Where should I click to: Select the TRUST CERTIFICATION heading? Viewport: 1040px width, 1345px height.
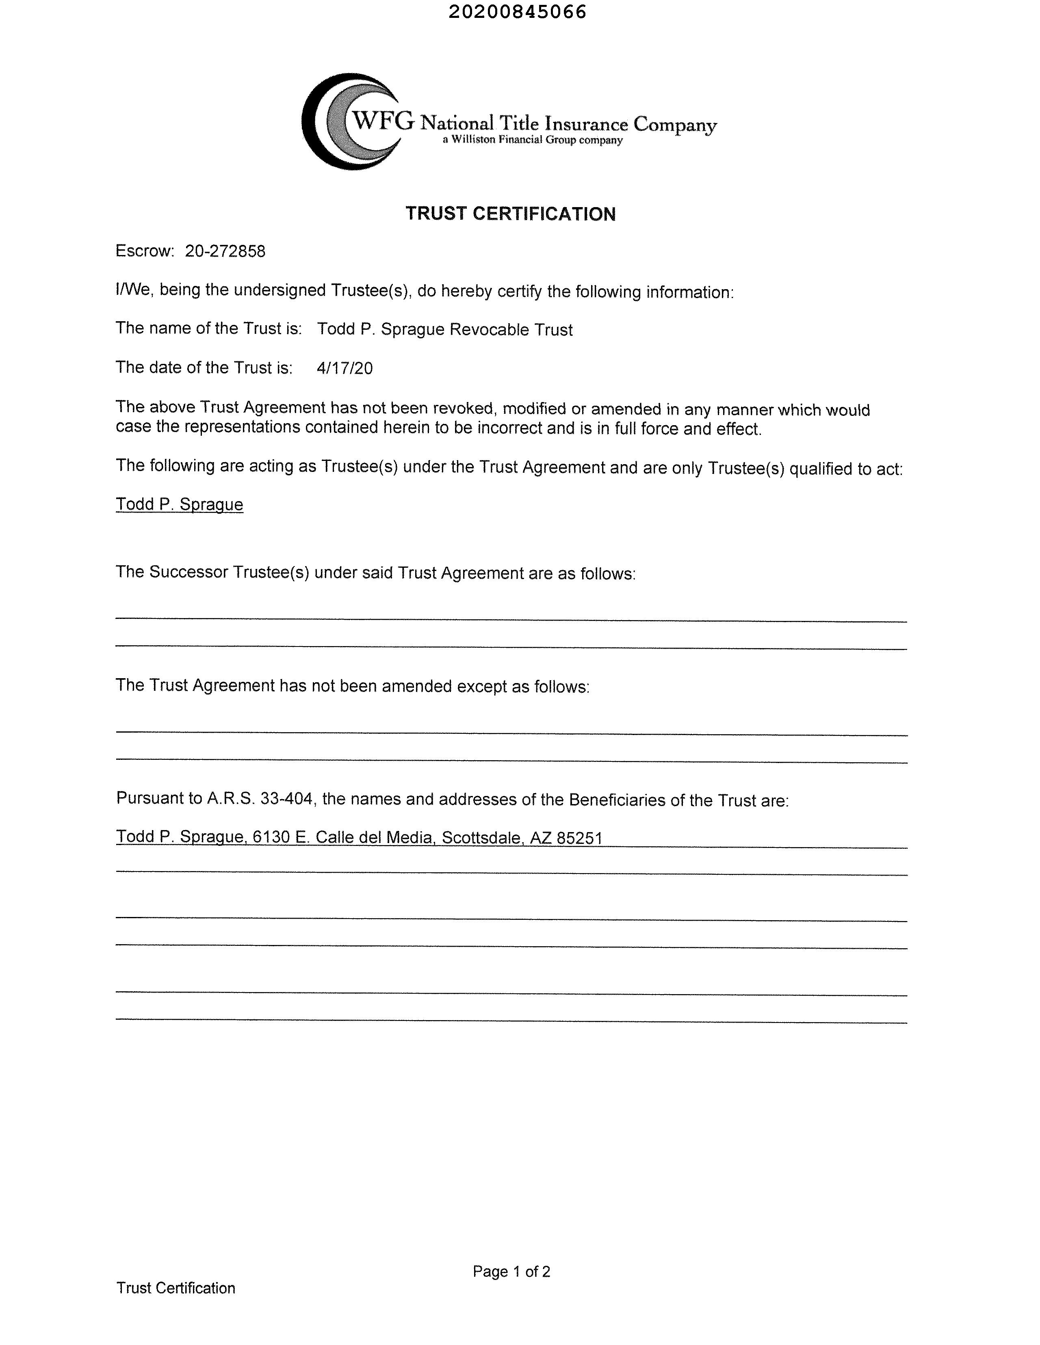click(x=510, y=214)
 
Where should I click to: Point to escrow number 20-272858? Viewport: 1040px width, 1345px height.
click(x=225, y=251)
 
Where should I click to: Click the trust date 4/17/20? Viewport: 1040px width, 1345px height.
click(x=344, y=368)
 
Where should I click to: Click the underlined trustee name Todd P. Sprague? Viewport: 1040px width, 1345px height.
click(x=179, y=504)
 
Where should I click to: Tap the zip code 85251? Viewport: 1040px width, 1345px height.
click(x=579, y=838)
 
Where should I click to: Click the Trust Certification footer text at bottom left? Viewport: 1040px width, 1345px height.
click(x=175, y=1288)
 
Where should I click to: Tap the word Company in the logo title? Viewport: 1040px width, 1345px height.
click(x=675, y=125)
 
